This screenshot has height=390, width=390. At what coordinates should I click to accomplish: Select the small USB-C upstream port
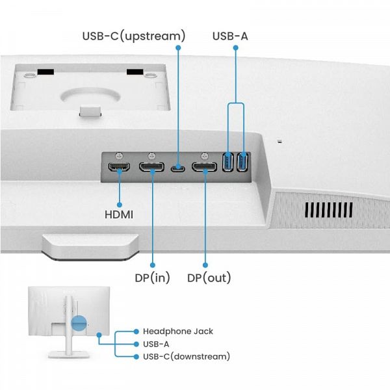click(178, 169)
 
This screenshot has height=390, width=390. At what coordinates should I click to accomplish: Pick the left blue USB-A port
click(228, 162)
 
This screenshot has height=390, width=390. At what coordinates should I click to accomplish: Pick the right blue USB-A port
click(243, 162)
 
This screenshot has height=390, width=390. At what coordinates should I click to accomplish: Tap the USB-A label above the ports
click(230, 35)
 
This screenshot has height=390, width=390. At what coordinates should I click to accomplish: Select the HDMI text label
click(119, 213)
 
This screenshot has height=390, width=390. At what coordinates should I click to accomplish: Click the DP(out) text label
click(209, 278)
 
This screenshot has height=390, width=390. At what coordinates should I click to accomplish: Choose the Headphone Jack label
click(177, 331)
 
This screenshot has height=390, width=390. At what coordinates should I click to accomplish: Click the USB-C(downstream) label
click(186, 356)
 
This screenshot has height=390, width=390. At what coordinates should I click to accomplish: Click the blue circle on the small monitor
click(79, 324)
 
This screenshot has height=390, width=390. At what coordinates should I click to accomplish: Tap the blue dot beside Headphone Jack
click(135, 331)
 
